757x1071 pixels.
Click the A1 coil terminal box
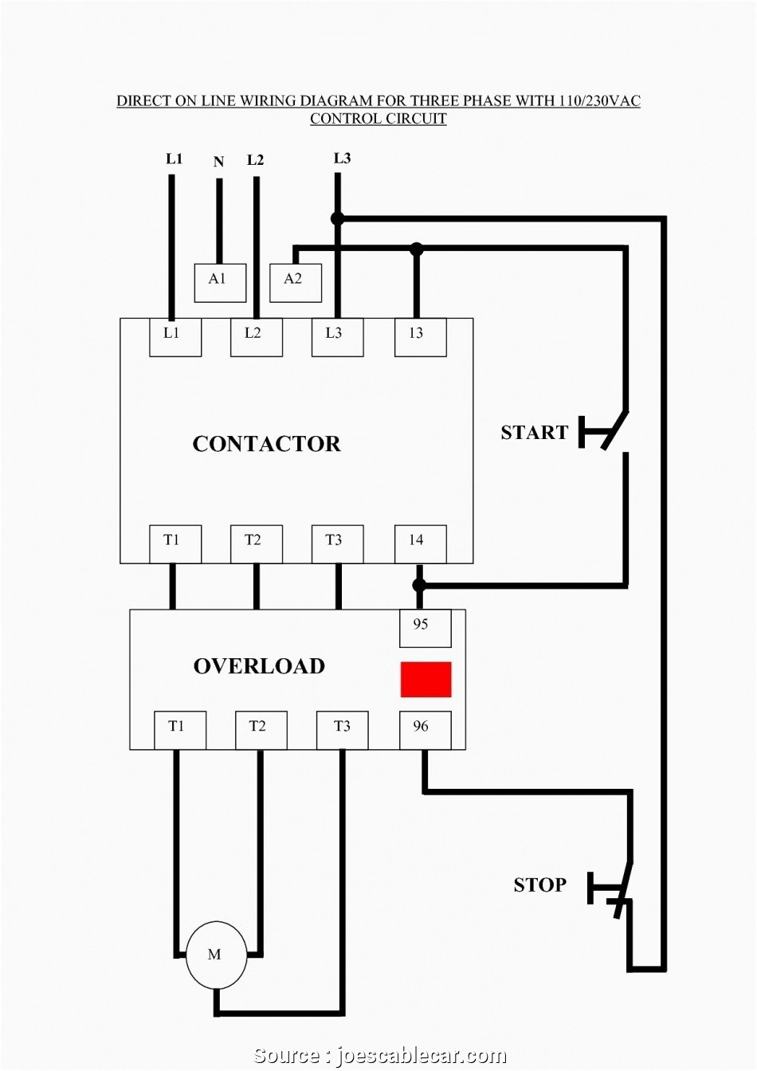click(220, 283)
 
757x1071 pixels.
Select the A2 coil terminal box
click(296, 283)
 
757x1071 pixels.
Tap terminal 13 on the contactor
click(420, 337)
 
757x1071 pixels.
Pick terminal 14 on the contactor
click(420, 544)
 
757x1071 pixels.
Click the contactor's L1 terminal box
click(175, 337)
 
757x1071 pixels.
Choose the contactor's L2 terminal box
click(257, 337)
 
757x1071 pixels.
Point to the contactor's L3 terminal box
click(337, 337)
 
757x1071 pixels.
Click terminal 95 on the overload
click(425, 628)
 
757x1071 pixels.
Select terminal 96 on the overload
click(425, 730)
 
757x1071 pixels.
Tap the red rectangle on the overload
click(426, 680)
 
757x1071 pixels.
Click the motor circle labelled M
click(216, 955)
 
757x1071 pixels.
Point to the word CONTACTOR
click(266, 444)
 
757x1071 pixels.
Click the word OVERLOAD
click(259, 666)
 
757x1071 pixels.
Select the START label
click(534, 433)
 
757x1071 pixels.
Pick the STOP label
click(539, 885)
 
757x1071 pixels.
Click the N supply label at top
click(218, 163)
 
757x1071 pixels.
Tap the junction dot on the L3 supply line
click(337, 218)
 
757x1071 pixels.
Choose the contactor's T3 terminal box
click(337, 544)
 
